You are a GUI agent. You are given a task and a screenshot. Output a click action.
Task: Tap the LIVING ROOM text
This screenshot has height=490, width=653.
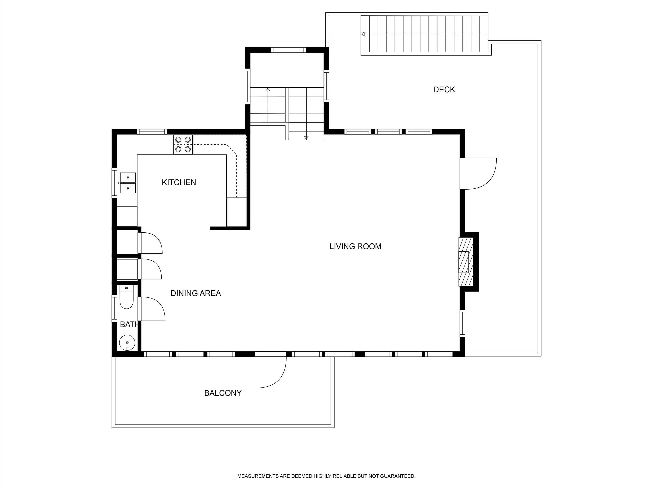coord(355,246)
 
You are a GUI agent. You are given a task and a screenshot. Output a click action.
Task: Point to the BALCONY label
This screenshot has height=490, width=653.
coord(223,393)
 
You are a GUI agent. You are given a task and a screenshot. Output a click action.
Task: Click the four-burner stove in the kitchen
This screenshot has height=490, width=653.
coord(183,144)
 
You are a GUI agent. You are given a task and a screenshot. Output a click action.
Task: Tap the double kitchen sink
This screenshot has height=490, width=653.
coord(128,183)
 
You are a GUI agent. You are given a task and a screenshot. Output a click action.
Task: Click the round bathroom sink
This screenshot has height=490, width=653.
coord(127,343)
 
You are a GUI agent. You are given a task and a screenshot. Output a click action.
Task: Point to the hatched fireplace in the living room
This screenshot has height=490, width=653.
coord(466,261)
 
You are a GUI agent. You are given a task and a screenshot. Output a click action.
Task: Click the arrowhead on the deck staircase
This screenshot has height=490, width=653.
coord(363,34)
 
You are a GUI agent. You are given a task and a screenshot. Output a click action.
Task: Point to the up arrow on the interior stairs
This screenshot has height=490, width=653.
coord(268,90)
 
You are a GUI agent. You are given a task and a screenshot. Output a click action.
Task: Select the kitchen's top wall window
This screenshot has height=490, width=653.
coord(152,132)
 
